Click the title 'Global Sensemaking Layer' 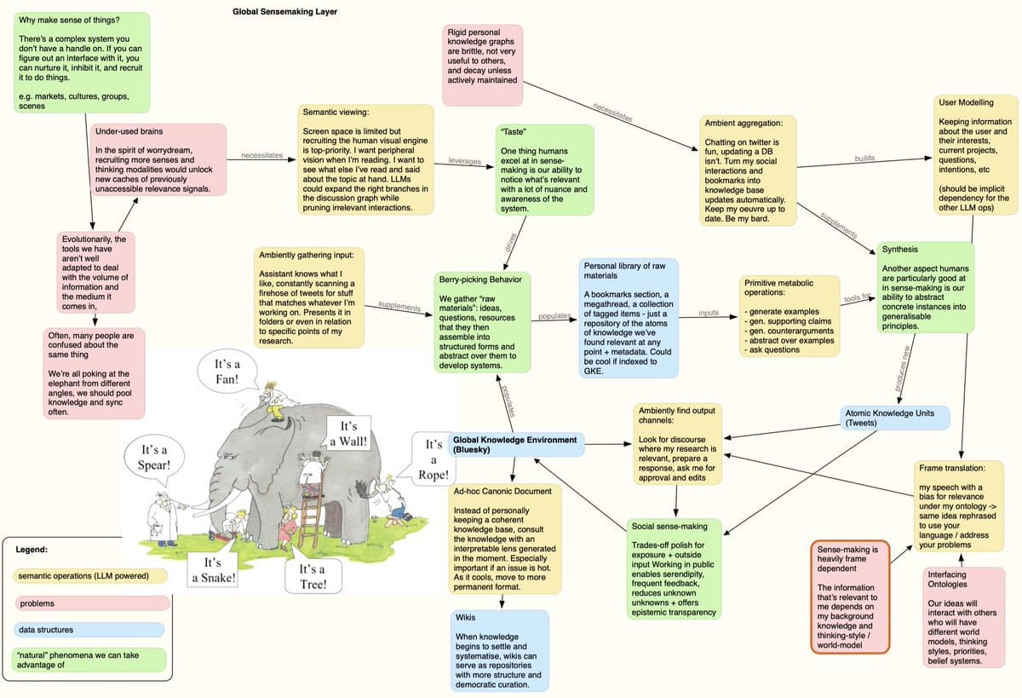(284, 12)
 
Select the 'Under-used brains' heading (129, 132)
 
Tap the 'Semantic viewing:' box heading (336, 112)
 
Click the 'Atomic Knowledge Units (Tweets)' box (895, 418)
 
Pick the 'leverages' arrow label (465, 161)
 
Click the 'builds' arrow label (864, 159)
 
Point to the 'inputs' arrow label (709, 313)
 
